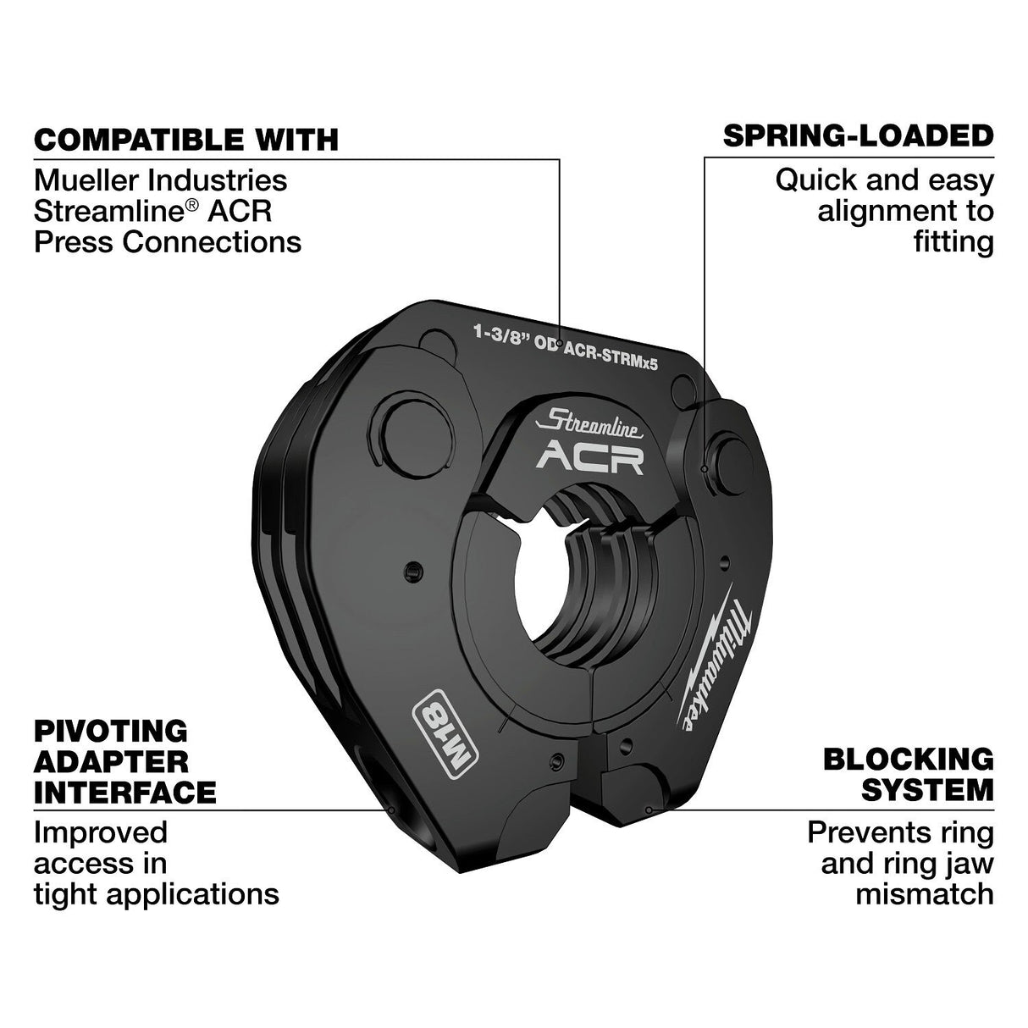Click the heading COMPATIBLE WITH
coord(185,139)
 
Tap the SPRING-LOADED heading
coord(858,135)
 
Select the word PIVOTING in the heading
coord(98,730)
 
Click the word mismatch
coord(924,894)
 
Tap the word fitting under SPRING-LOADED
coord(953,242)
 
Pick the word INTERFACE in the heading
coord(124,793)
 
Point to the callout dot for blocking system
coord(649,810)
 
